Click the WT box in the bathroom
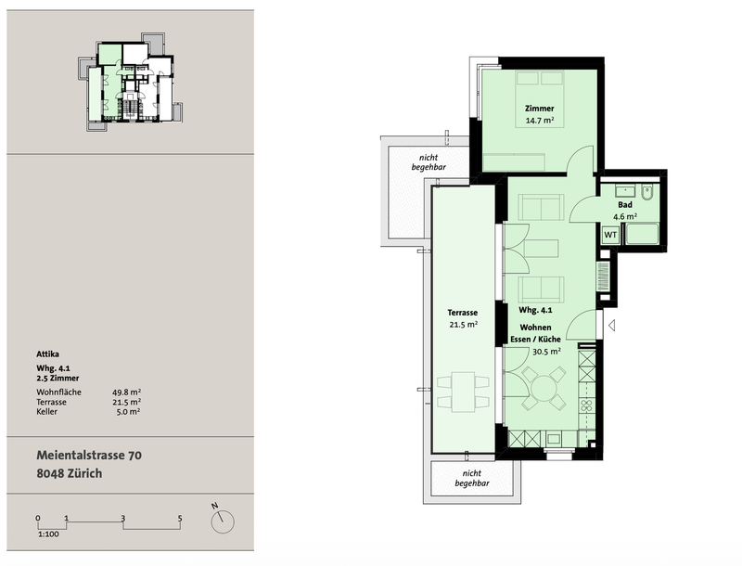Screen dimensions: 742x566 (x=610, y=235)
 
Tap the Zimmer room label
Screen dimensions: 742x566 (x=540, y=109)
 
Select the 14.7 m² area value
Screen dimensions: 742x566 (x=540, y=121)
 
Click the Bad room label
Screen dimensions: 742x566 (x=625, y=205)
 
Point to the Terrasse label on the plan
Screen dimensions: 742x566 (x=462, y=313)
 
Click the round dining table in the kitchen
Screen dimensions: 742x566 (x=545, y=389)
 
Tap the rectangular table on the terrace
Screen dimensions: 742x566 (x=463, y=392)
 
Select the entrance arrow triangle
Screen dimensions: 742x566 (x=611, y=326)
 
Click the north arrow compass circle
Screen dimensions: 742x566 (x=223, y=522)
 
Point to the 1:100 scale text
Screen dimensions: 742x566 (x=48, y=534)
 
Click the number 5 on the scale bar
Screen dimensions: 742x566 (x=180, y=518)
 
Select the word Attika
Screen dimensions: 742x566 (x=48, y=354)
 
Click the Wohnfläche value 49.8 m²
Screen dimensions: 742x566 (x=126, y=392)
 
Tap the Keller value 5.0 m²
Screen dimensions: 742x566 (x=128, y=412)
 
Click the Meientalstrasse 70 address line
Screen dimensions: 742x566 (x=89, y=456)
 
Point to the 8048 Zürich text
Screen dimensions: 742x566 (x=69, y=474)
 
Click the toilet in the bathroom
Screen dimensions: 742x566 (x=647, y=192)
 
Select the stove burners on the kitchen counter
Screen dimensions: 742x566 (x=587, y=405)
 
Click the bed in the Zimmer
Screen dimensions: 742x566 (x=540, y=99)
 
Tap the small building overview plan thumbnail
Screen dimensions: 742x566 (x=130, y=82)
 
